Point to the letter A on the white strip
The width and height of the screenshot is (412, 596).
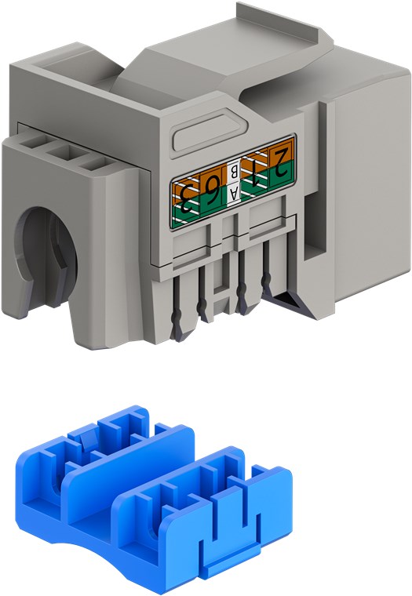(x=234, y=194)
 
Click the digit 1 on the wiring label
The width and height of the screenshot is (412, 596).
(x=255, y=174)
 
